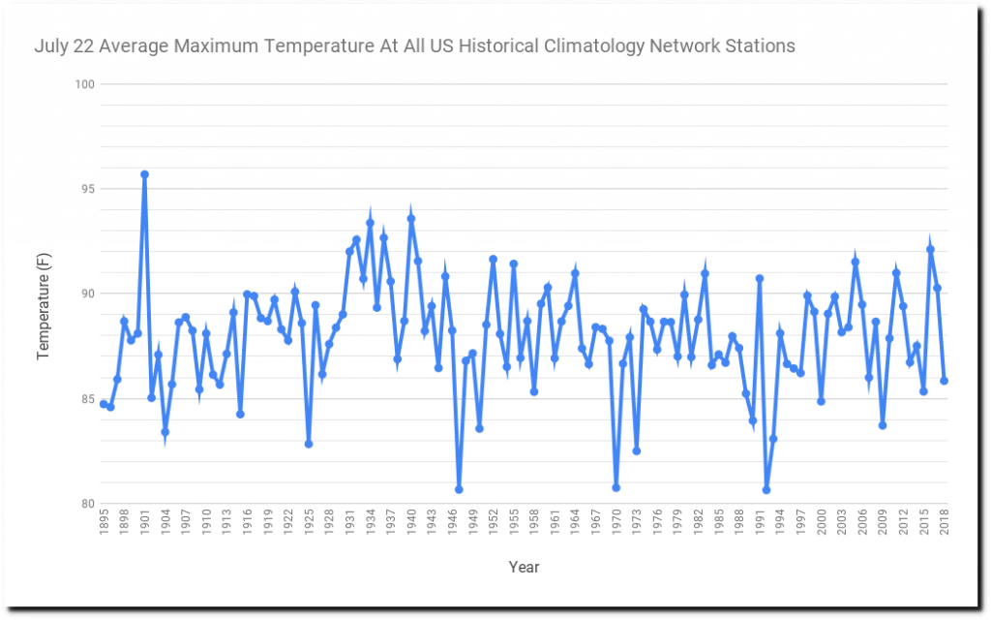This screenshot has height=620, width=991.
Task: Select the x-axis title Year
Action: (524, 567)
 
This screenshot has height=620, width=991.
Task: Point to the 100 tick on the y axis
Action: (84, 84)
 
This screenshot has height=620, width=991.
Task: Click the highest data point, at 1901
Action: (144, 174)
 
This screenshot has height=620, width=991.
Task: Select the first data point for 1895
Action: (104, 404)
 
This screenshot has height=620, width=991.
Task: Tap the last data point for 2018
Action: (944, 381)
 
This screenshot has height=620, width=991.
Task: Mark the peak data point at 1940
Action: (410, 219)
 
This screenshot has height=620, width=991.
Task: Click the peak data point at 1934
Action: (370, 223)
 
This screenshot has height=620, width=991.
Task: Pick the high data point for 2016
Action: (930, 249)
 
